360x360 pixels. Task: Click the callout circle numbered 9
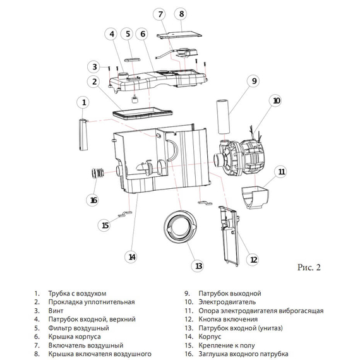(x=254, y=81)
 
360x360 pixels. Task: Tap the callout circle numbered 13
(x=198, y=266)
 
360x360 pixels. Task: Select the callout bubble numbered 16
(x=93, y=200)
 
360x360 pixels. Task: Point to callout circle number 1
(x=83, y=102)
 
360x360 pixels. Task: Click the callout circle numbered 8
(x=181, y=14)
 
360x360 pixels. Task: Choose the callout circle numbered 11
(x=281, y=172)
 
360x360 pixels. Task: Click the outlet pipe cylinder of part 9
(x=223, y=117)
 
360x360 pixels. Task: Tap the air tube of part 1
(x=83, y=135)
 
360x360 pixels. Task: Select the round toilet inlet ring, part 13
(x=181, y=226)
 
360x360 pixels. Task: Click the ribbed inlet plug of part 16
(x=97, y=173)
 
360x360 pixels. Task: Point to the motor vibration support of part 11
(x=255, y=198)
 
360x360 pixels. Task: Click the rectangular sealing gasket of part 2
(x=142, y=114)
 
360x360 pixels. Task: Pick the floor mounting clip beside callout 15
(x=125, y=214)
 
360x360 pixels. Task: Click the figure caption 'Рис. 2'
(x=309, y=267)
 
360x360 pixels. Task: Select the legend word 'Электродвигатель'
(x=227, y=302)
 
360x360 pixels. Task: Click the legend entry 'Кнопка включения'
(x=228, y=319)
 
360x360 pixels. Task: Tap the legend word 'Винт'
(x=56, y=311)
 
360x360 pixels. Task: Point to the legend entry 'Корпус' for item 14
(x=210, y=337)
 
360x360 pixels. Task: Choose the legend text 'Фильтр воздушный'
(x=78, y=328)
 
